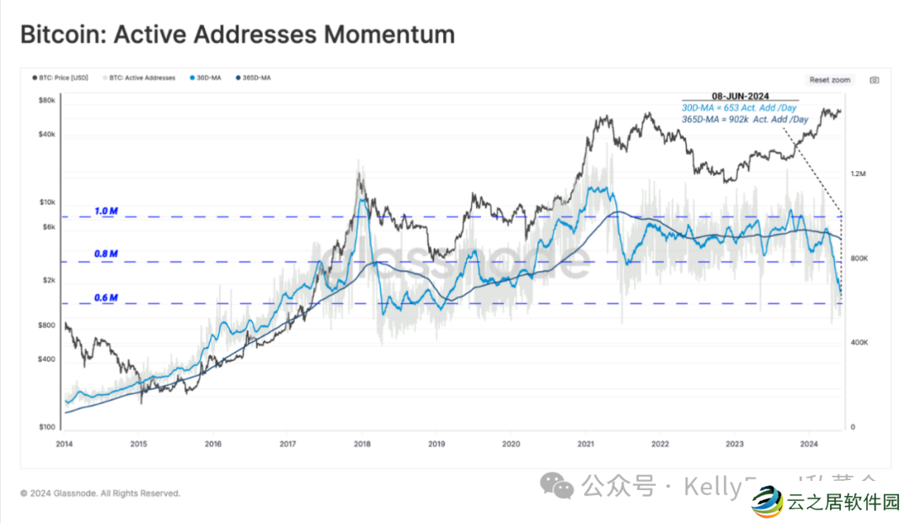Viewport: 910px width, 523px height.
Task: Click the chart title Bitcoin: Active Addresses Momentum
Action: [237, 35]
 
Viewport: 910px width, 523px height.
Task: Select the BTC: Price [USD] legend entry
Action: [58, 77]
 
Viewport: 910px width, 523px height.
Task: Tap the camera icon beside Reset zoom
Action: [874, 80]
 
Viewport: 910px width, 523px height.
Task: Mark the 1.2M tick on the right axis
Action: [858, 173]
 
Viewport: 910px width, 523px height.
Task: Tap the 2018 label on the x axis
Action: [362, 443]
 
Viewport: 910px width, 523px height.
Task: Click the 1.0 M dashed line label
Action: [106, 211]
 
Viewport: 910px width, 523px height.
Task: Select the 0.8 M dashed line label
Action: [106, 253]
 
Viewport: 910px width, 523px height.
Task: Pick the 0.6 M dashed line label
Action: [106, 297]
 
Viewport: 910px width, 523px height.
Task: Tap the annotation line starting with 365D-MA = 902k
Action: [744, 119]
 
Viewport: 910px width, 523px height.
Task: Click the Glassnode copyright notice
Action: [100, 494]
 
